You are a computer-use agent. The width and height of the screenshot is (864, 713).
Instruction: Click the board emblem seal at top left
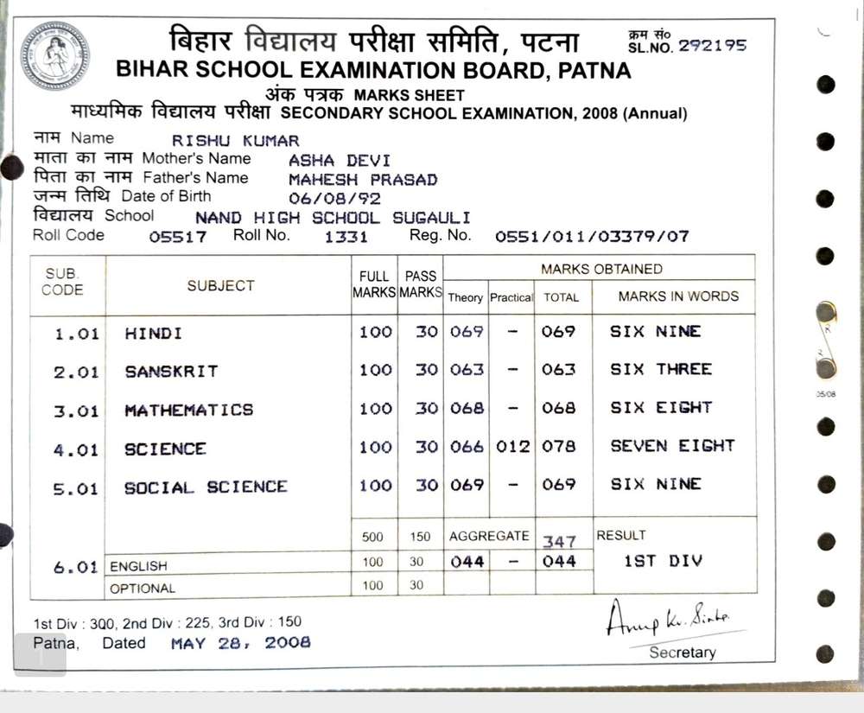(x=54, y=56)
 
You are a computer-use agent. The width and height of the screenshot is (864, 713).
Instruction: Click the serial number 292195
(x=712, y=47)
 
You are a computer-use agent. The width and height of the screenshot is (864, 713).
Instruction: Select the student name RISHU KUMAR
(x=235, y=141)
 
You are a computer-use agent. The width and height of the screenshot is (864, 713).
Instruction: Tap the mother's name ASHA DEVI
(x=339, y=161)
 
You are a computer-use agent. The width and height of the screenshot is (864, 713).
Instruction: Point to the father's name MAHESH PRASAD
(x=363, y=180)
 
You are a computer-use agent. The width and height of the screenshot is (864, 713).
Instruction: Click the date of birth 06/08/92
(x=334, y=199)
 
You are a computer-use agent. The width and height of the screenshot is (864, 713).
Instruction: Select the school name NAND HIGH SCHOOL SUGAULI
(x=333, y=218)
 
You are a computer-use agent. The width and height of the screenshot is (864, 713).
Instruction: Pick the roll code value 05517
(x=178, y=237)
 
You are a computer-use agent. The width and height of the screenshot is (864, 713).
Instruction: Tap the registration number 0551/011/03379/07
(x=592, y=236)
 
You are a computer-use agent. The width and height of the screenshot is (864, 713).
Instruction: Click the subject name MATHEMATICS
(x=189, y=411)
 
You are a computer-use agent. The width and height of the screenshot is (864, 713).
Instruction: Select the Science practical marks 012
(x=511, y=447)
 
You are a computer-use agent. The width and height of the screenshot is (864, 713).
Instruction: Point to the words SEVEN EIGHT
(x=672, y=446)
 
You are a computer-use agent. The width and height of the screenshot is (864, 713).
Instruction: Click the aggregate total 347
(x=559, y=542)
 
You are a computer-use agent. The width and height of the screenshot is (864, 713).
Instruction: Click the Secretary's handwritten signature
(x=667, y=617)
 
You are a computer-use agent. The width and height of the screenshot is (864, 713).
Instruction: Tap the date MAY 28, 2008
(x=240, y=643)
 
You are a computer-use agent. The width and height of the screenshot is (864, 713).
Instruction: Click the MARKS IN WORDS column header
(x=678, y=296)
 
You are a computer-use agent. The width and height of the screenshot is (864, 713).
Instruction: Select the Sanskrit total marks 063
(x=558, y=370)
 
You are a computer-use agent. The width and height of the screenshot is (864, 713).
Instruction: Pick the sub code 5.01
(x=76, y=489)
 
